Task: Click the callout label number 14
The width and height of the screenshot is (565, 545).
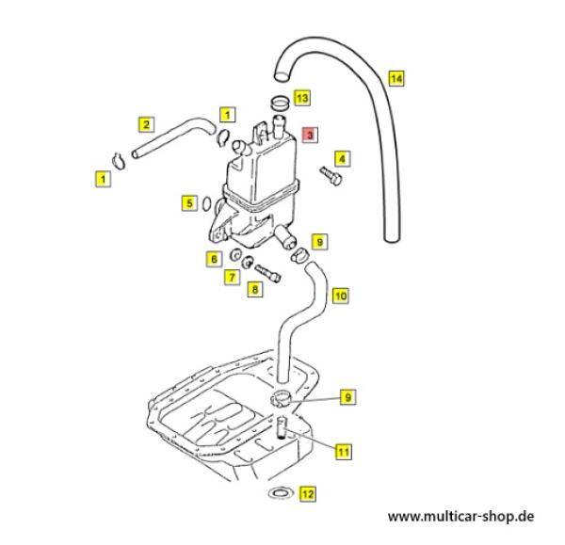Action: pyautogui.click(x=396, y=79)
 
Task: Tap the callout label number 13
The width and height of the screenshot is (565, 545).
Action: pyautogui.click(x=301, y=97)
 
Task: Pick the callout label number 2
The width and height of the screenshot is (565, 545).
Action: pyautogui.click(x=146, y=123)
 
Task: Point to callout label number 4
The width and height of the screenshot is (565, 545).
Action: pyautogui.click(x=342, y=158)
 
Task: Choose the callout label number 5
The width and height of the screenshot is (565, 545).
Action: pyautogui.click(x=190, y=201)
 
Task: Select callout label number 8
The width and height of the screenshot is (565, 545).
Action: pyautogui.click(x=254, y=291)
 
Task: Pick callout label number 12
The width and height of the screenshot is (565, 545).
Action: pyautogui.click(x=307, y=492)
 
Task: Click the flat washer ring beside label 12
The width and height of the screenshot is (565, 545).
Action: pyautogui.click(x=279, y=492)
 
